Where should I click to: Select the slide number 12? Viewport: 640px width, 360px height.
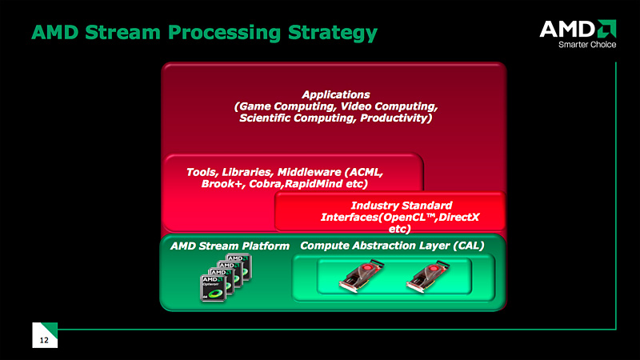tap(45, 341)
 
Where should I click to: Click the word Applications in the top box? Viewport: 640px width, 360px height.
tap(336, 94)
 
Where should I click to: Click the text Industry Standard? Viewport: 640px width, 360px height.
tap(392, 206)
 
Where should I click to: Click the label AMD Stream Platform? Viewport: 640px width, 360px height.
tap(230, 246)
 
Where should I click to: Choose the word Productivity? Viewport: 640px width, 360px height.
tap(393, 118)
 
